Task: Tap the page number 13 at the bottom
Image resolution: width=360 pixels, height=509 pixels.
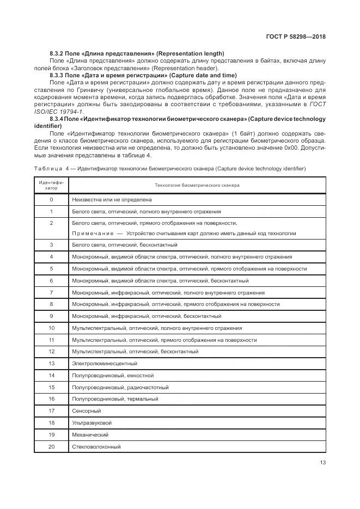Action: point(321,463)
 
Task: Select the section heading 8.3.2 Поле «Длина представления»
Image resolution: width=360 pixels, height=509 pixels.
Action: point(137,53)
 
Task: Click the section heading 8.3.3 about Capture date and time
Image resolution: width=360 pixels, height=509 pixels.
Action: point(143,75)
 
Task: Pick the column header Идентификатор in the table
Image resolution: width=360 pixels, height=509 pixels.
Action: point(51,185)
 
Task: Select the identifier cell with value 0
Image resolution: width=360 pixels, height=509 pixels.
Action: point(51,200)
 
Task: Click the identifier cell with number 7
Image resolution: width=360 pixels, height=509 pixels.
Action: point(51,292)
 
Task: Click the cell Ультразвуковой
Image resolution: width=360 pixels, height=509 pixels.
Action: point(91,422)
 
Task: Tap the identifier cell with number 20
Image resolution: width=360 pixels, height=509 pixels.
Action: point(51,446)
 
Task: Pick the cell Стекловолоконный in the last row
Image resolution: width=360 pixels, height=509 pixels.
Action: point(96,446)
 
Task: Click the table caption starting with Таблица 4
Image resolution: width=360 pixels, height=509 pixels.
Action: point(170,168)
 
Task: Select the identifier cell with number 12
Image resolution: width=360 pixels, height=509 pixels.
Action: point(51,352)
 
